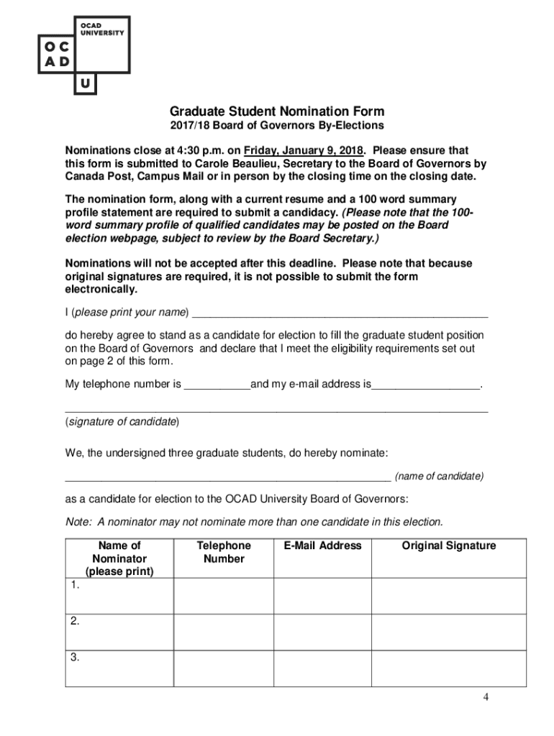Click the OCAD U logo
83,55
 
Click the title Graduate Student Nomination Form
277,111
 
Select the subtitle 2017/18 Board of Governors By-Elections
277,126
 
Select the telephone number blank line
217,385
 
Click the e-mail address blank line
425,385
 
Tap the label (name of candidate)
439,477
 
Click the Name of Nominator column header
119,558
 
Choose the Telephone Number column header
224,552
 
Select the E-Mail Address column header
322,546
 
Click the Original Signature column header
449,546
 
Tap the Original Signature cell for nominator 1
449,596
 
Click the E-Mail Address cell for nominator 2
322,632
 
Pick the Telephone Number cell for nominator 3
224,668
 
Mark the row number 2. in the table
76,622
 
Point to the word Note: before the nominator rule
78,521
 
